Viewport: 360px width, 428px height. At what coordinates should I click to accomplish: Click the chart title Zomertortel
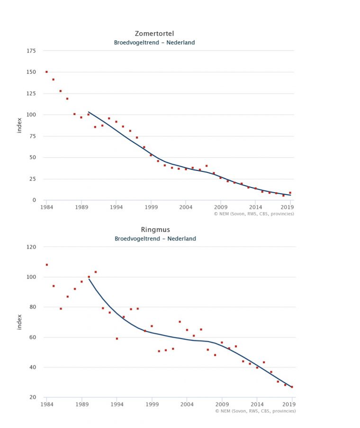154,34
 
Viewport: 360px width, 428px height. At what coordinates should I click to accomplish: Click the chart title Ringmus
155,230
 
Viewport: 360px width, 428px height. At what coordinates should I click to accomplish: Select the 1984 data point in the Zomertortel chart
46,72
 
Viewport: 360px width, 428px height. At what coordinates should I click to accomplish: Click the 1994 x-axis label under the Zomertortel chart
116,207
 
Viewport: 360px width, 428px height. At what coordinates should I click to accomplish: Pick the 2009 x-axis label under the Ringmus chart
222,405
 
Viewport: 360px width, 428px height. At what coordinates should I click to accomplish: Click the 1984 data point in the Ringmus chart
46,265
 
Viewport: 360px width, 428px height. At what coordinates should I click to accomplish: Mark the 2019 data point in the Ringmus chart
292,387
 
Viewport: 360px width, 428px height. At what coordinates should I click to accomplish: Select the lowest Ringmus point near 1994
117,339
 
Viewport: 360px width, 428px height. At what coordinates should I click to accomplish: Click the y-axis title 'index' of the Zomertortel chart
19,125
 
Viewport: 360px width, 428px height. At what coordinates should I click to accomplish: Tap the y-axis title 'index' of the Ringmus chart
19,321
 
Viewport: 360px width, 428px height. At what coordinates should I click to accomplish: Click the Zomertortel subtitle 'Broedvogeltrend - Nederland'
154,43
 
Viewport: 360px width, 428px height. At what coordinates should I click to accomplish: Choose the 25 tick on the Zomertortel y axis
32,179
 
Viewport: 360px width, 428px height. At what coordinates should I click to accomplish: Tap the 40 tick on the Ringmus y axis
32,367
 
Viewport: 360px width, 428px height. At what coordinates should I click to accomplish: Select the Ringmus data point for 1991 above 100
95,272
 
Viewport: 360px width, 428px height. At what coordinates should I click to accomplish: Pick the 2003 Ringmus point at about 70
180,321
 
